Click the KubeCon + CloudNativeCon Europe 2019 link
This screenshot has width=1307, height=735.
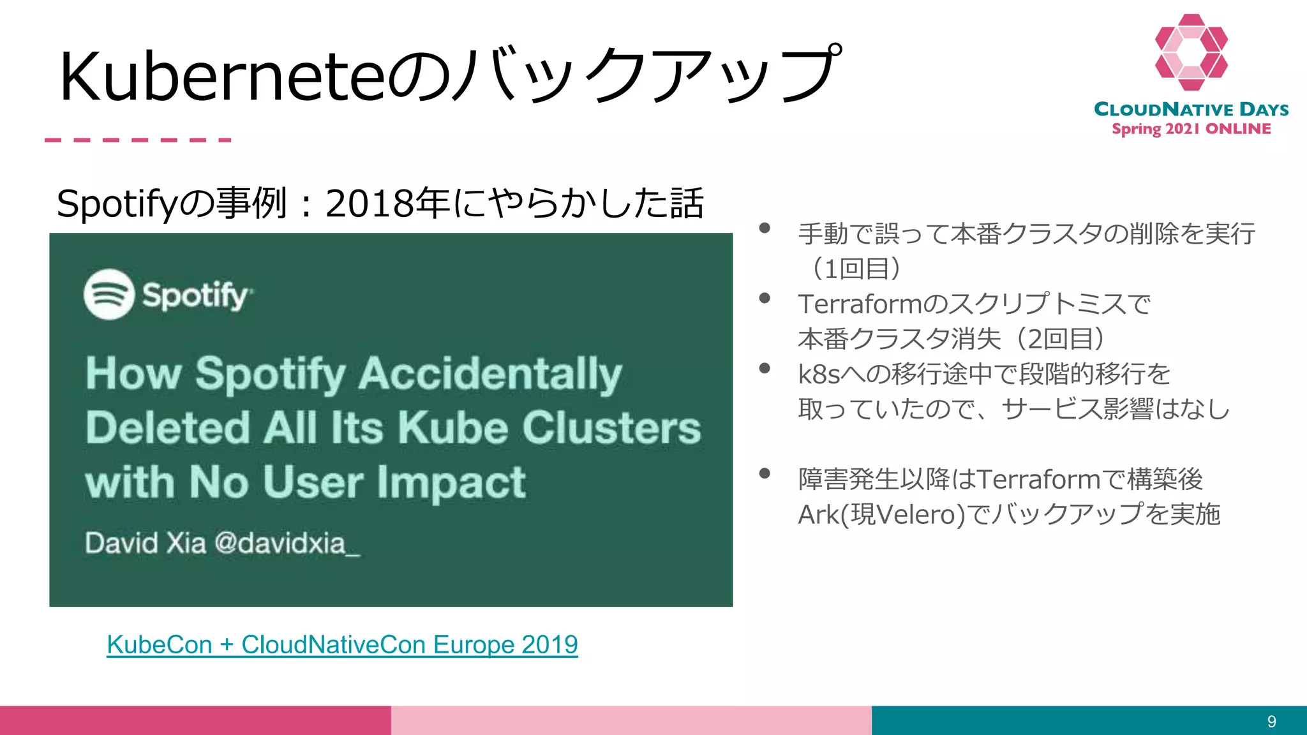pyautogui.click(x=342, y=645)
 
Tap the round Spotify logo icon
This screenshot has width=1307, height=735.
pyautogui.click(x=109, y=294)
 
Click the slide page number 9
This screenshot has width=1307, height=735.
pyautogui.click(x=1271, y=722)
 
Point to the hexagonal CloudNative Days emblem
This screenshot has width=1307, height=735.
pyautogui.click(x=1191, y=52)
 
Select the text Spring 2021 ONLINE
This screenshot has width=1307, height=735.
pyautogui.click(x=1191, y=129)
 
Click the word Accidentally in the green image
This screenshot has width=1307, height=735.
pyautogui.click(x=489, y=374)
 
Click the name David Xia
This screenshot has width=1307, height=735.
pyautogui.click(x=146, y=544)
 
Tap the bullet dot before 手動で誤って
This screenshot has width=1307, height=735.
pyautogui.click(x=765, y=228)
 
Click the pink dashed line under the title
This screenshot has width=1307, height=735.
pyautogui.click(x=138, y=140)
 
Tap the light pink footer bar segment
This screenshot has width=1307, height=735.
pyautogui.click(x=631, y=720)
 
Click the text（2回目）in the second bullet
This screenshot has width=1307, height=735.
pyautogui.click(x=1059, y=339)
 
